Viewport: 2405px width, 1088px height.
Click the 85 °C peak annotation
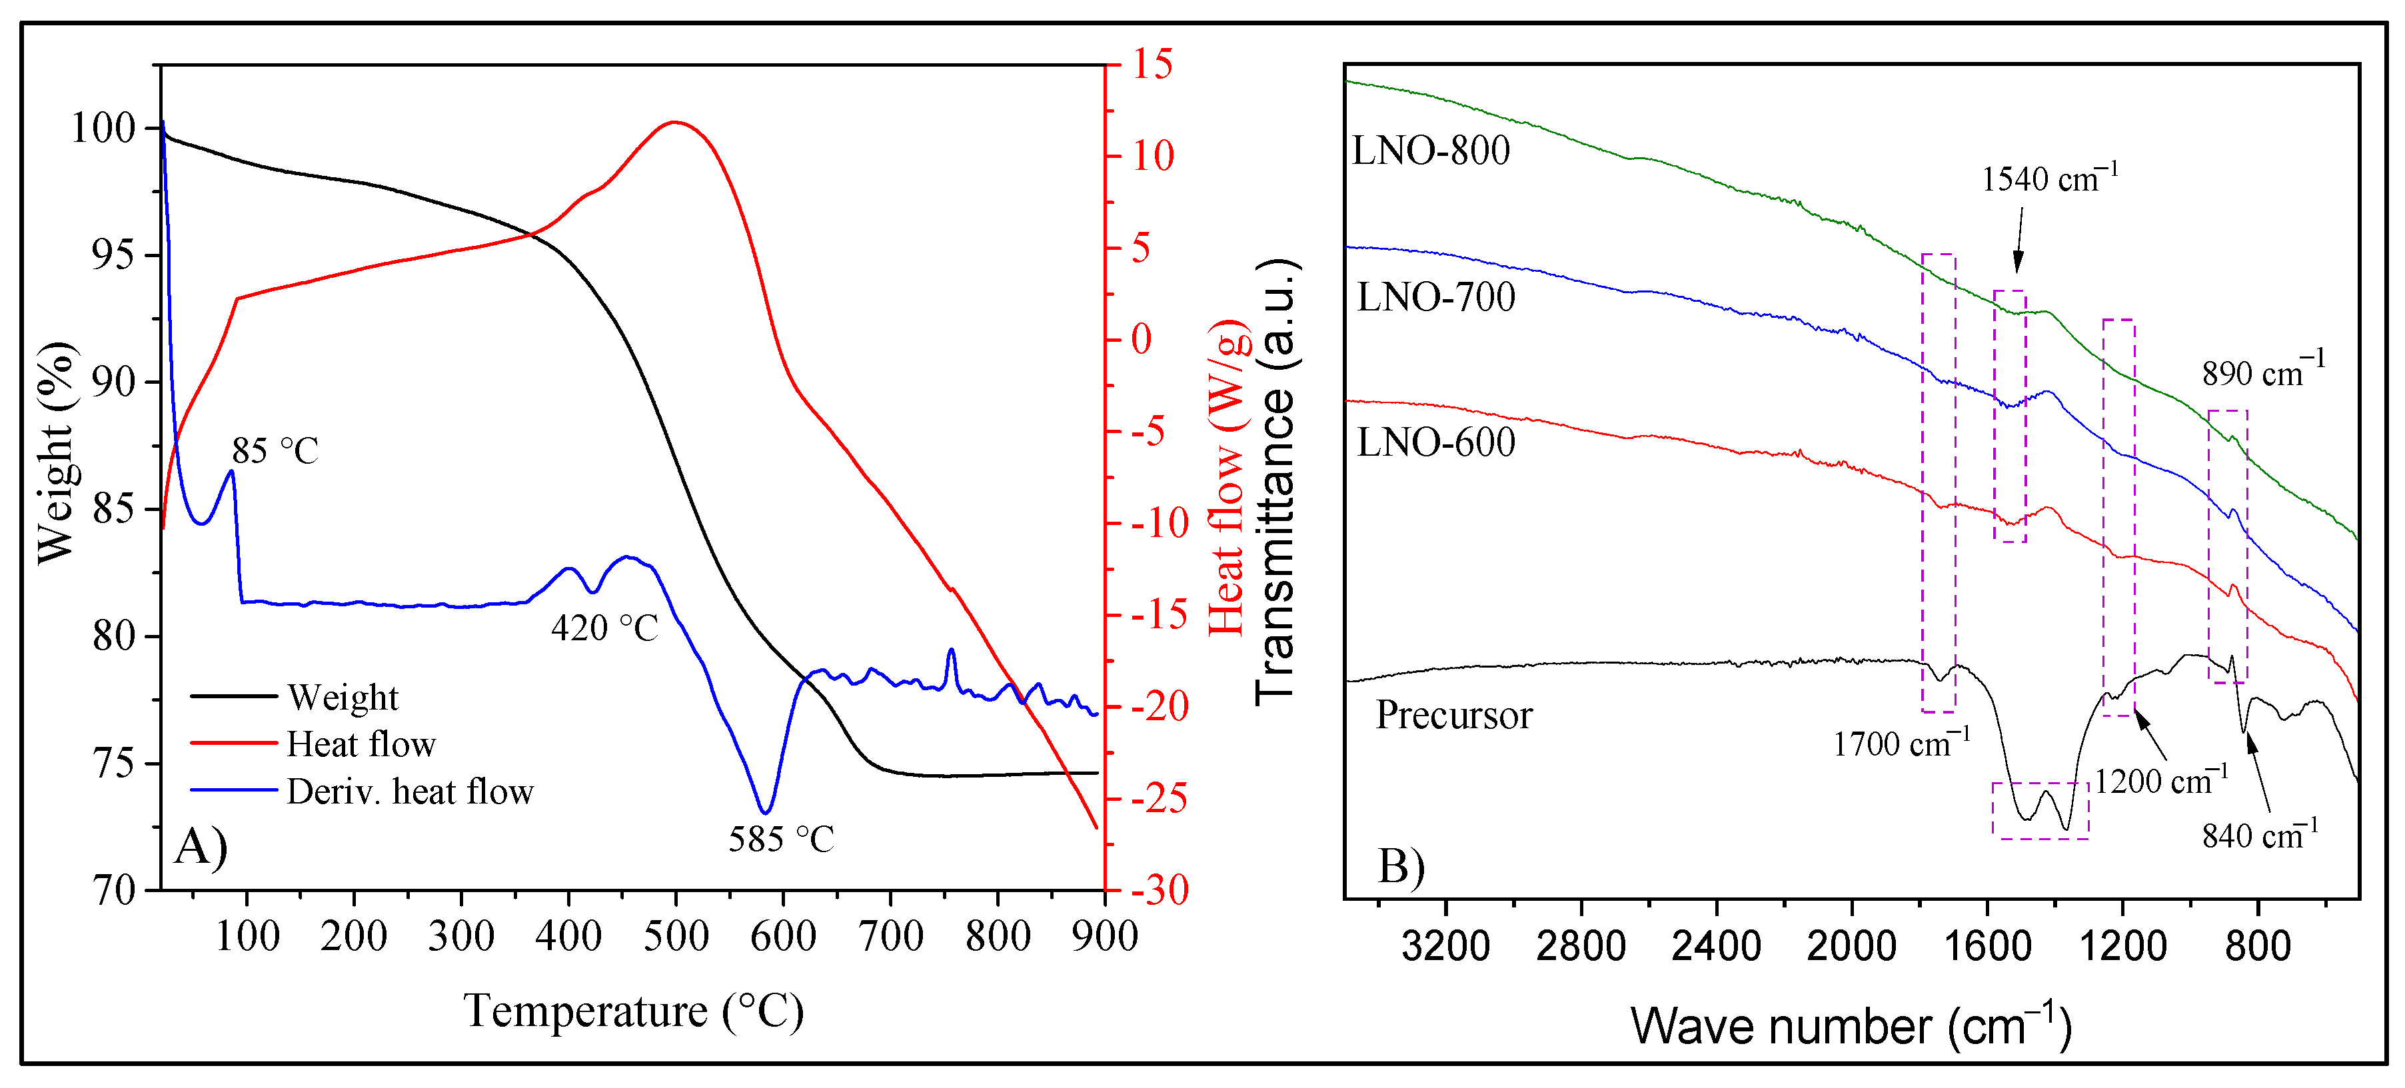275,452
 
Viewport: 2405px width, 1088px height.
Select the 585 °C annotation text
780,839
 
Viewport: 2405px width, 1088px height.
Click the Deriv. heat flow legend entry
409,792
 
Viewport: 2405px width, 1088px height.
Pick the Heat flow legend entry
361,745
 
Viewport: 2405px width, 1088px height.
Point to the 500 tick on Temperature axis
675,936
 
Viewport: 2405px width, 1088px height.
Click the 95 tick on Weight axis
112,255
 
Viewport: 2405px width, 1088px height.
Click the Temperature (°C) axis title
634,1011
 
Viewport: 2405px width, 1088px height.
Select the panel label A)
201,847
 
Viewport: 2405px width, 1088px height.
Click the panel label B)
1401,866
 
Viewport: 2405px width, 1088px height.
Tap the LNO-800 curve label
1430,150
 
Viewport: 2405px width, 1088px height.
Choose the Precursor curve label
1453,716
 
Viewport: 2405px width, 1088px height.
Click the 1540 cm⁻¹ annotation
2049,177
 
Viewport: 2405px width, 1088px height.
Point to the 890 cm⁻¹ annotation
2263,372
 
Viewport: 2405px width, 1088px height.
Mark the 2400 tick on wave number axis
1716,946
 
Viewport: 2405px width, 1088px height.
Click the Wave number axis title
1851,1027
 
